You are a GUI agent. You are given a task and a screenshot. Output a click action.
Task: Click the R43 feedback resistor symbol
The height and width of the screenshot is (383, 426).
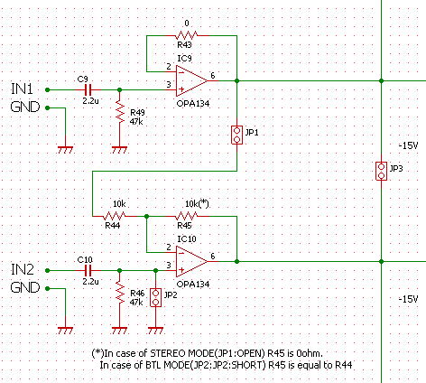click(x=187, y=35)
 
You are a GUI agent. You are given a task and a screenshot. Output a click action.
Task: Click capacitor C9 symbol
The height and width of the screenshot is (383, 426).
click(x=88, y=89)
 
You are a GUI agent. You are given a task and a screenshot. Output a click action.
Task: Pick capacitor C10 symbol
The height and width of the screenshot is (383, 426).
click(x=88, y=270)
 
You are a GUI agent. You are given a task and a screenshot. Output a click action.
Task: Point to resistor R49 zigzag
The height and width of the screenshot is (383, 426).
click(x=120, y=112)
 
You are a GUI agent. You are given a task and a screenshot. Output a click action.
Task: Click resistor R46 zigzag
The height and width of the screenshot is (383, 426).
click(x=120, y=293)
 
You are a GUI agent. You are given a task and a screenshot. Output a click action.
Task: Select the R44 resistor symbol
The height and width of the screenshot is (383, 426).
click(x=115, y=216)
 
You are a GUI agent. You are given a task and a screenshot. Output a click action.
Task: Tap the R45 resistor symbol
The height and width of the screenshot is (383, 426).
click(x=187, y=216)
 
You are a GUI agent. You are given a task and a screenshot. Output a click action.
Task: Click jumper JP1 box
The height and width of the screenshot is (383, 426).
click(x=236, y=135)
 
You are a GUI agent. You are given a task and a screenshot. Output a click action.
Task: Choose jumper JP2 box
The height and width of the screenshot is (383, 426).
click(x=155, y=297)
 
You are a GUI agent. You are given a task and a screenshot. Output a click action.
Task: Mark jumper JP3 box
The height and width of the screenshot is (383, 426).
click(x=381, y=171)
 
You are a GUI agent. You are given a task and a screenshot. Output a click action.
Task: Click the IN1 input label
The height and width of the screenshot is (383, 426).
click(x=22, y=89)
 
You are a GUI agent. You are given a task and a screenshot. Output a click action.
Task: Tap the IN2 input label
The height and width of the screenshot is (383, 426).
click(x=23, y=269)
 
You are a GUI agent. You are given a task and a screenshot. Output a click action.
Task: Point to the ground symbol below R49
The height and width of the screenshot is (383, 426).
click(x=120, y=150)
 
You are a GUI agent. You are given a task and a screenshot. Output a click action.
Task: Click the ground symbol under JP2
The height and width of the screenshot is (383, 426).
click(x=155, y=331)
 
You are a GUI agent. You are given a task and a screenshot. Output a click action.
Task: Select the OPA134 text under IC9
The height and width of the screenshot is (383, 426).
click(x=193, y=104)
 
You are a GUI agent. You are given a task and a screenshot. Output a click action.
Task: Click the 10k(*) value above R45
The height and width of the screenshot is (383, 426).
click(x=197, y=204)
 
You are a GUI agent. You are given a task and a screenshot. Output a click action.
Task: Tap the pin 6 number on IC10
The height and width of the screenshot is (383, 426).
click(x=213, y=257)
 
